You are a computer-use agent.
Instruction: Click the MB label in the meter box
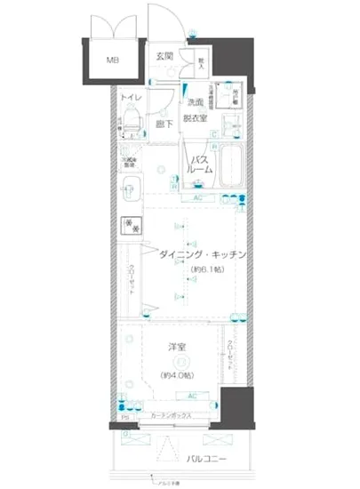(113, 61)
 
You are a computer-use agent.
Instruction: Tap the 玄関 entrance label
(164, 57)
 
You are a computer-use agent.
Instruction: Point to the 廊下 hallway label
(163, 124)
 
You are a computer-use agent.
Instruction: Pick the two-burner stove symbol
(132, 224)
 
